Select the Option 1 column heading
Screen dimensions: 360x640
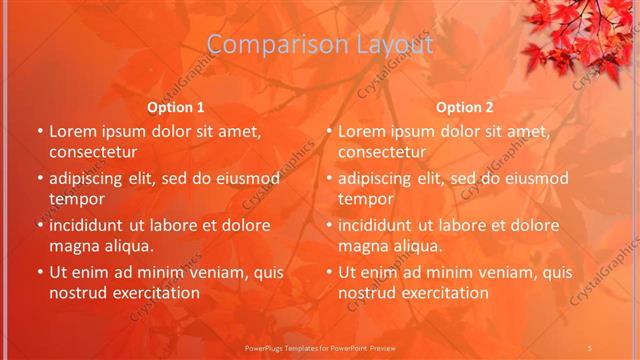(x=176, y=106)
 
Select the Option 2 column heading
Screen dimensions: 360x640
(x=465, y=106)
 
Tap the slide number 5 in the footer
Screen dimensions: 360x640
(x=592, y=346)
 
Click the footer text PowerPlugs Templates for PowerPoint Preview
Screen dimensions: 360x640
(x=319, y=346)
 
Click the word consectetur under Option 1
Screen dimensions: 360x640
(x=93, y=152)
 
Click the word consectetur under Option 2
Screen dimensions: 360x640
(x=382, y=152)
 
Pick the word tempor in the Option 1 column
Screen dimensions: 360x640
(x=76, y=199)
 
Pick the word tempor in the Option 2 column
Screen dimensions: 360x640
(x=365, y=199)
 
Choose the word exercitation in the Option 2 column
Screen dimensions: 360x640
(x=438, y=293)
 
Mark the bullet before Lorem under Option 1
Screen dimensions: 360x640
(x=40, y=131)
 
